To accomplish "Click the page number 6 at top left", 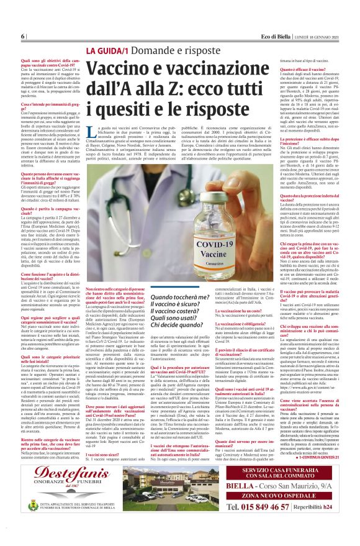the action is (x=22, y=37).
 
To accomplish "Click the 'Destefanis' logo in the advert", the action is (x=56, y=463).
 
